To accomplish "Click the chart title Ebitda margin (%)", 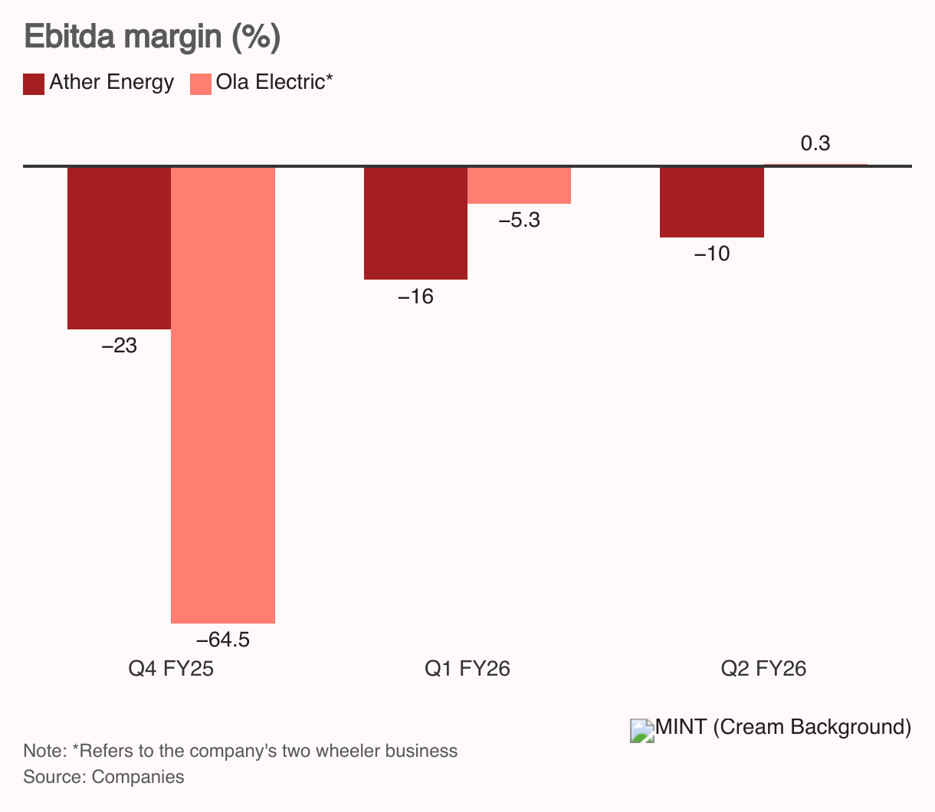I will [x=153, y=38].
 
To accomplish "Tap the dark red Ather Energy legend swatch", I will [x=34, y=83].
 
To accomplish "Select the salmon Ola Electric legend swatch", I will [x=200, y=83].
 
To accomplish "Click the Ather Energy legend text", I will [x=112, y=83].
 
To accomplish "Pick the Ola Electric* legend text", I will [x=274, y=83].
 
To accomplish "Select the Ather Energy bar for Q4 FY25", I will [x=119, y=247].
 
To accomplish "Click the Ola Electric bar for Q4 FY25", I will [x=223, y=395].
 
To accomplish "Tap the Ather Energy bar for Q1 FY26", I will [x=415, y=223].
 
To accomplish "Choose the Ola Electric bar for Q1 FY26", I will [x=520, y=185].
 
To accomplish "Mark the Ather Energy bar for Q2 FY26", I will [x=712, y=202].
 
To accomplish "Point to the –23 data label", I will [x=119, y=346].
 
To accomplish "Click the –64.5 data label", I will [x=223, y=640].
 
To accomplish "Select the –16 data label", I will [x=415, y=296].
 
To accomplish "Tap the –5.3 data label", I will [x=520, y=221].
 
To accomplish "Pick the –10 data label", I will [x=712, y=254].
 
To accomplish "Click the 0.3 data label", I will [x=815, y=144].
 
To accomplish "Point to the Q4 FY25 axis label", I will [x=171, y=669].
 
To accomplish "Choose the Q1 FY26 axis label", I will [x=467, y=669].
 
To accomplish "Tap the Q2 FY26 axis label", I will [x=763, y=669].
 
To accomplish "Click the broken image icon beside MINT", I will [x=642, y=731].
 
